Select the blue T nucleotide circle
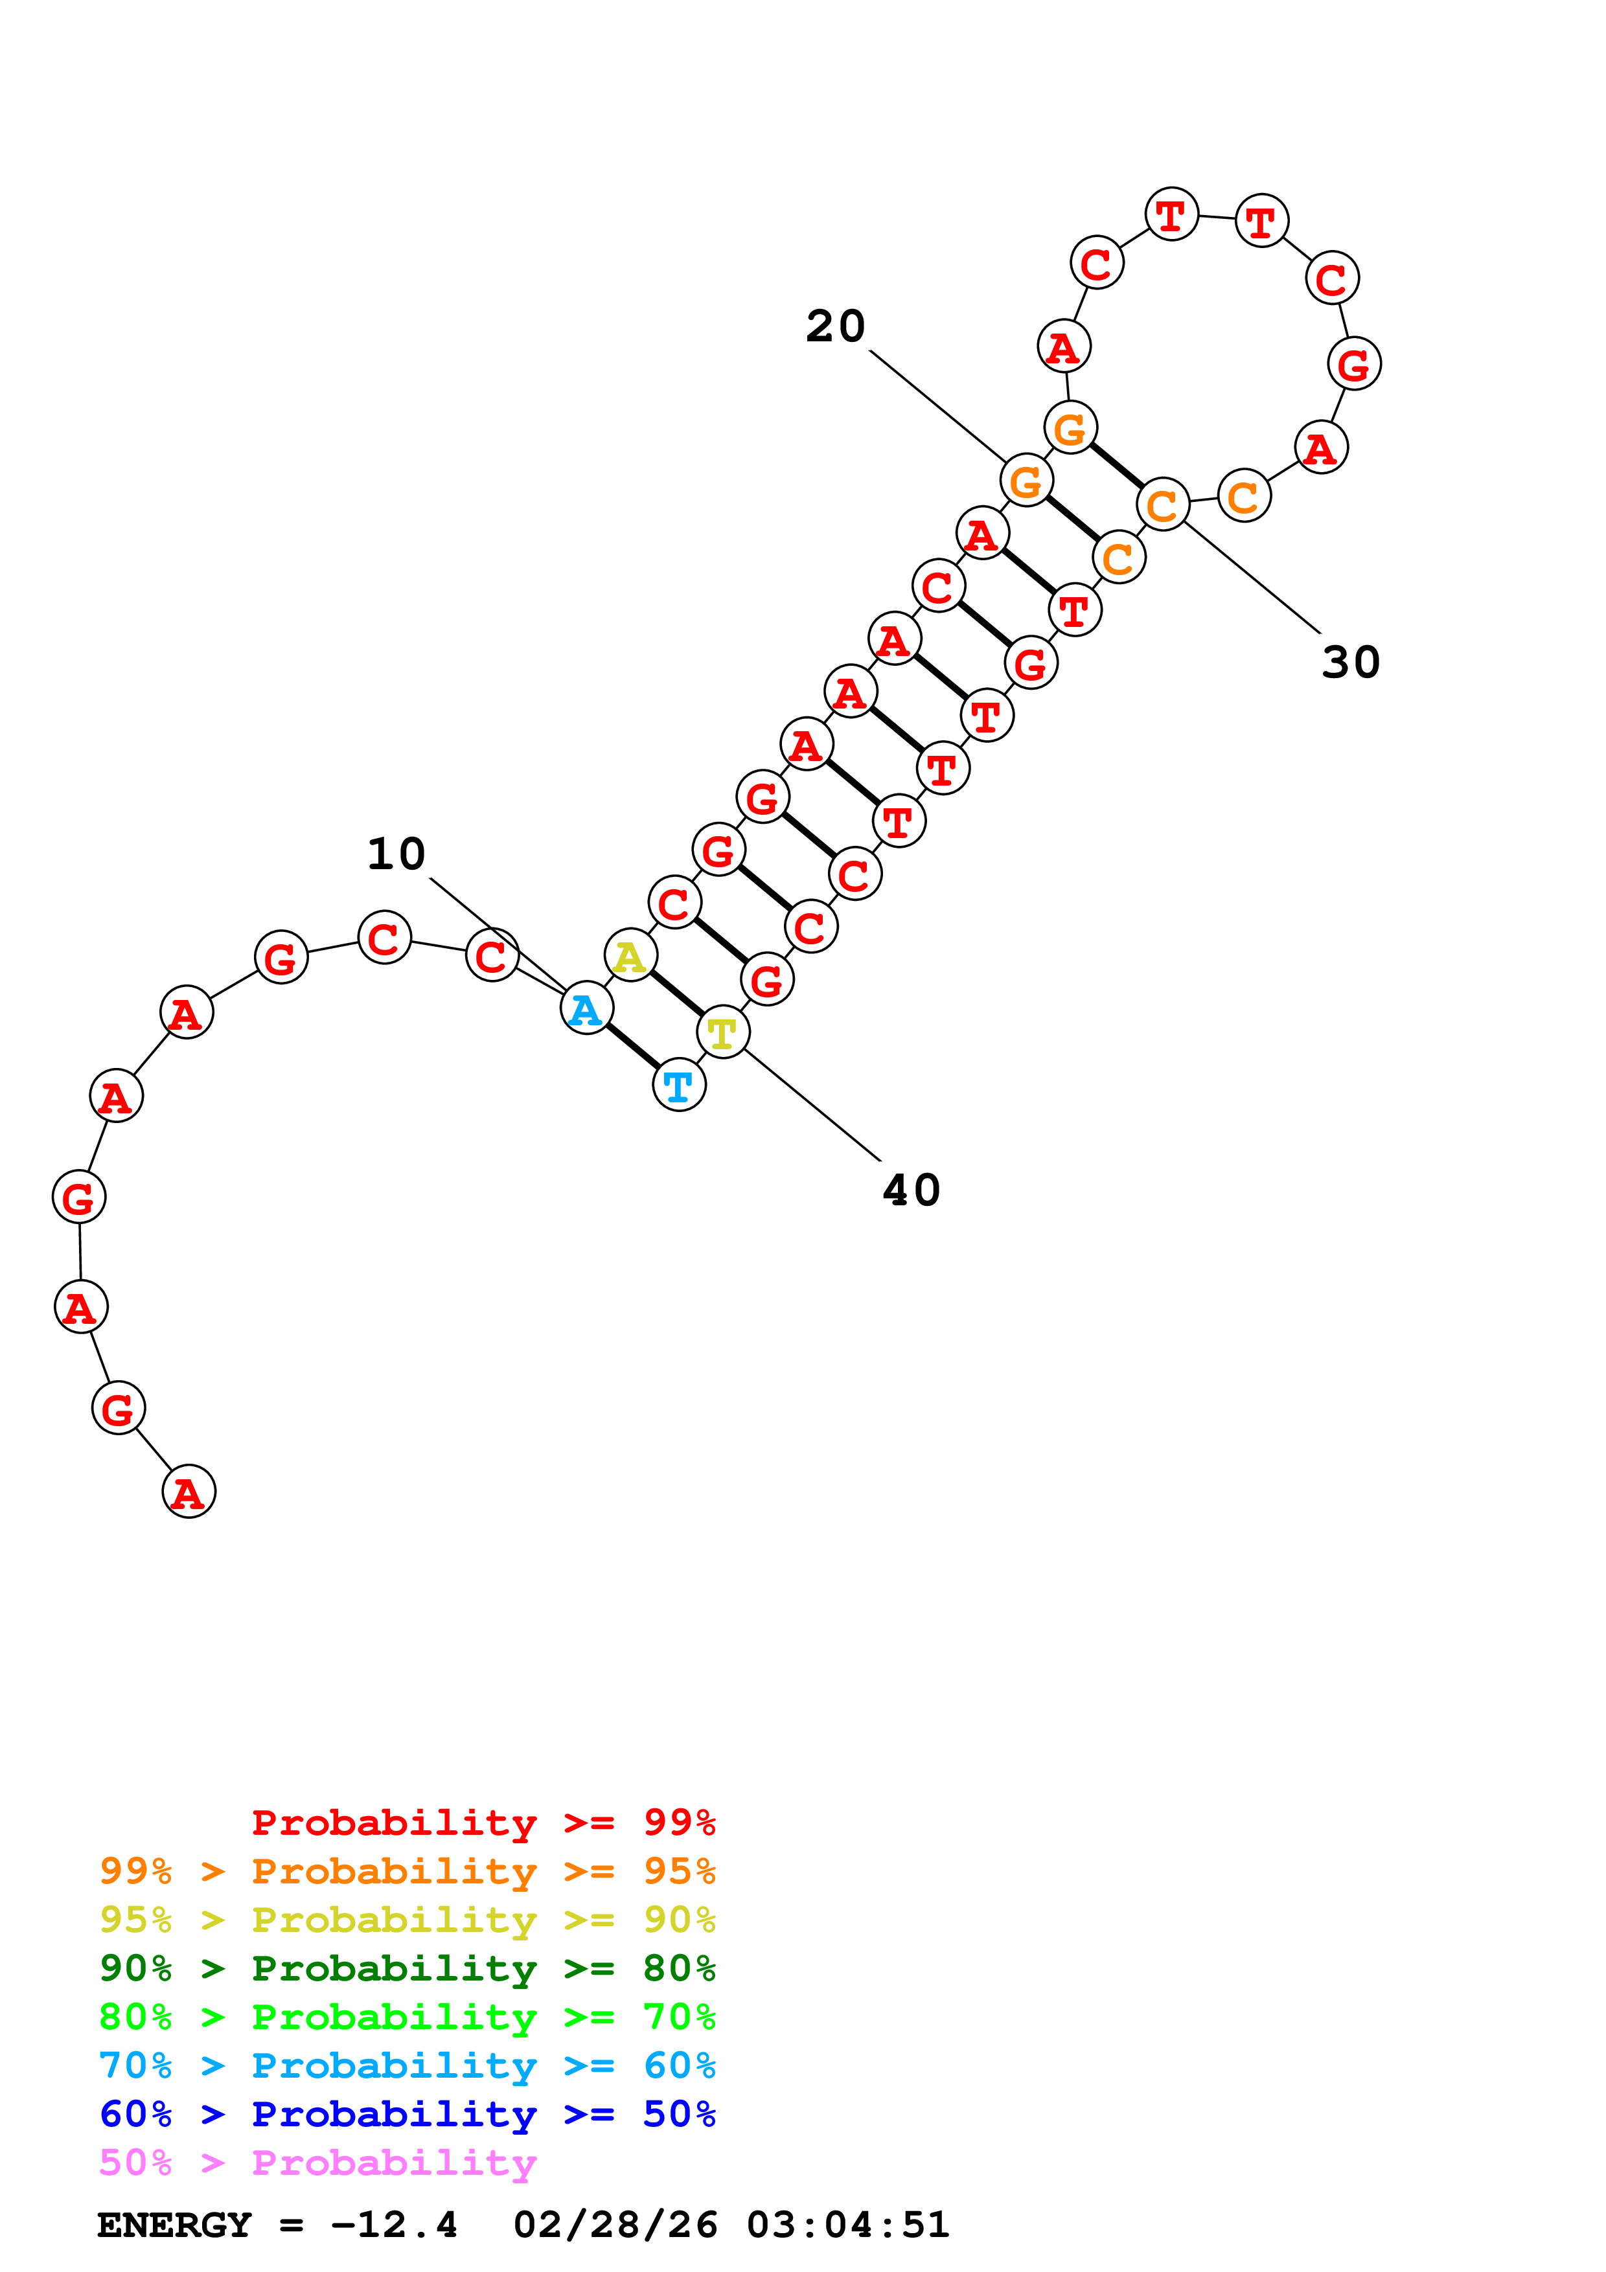(679, 1085)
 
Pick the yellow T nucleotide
(722, 1033)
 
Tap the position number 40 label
(910, 1190)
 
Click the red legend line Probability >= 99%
(483, 1823)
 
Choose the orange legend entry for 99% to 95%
(407, 1871)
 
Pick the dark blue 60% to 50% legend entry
(407, 2114)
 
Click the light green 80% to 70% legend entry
(407, 2017)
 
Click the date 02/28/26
(615, 2225)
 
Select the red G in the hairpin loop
(1354, 364)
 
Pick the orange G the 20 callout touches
(1026, 481)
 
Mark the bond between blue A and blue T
(632, 1047)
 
